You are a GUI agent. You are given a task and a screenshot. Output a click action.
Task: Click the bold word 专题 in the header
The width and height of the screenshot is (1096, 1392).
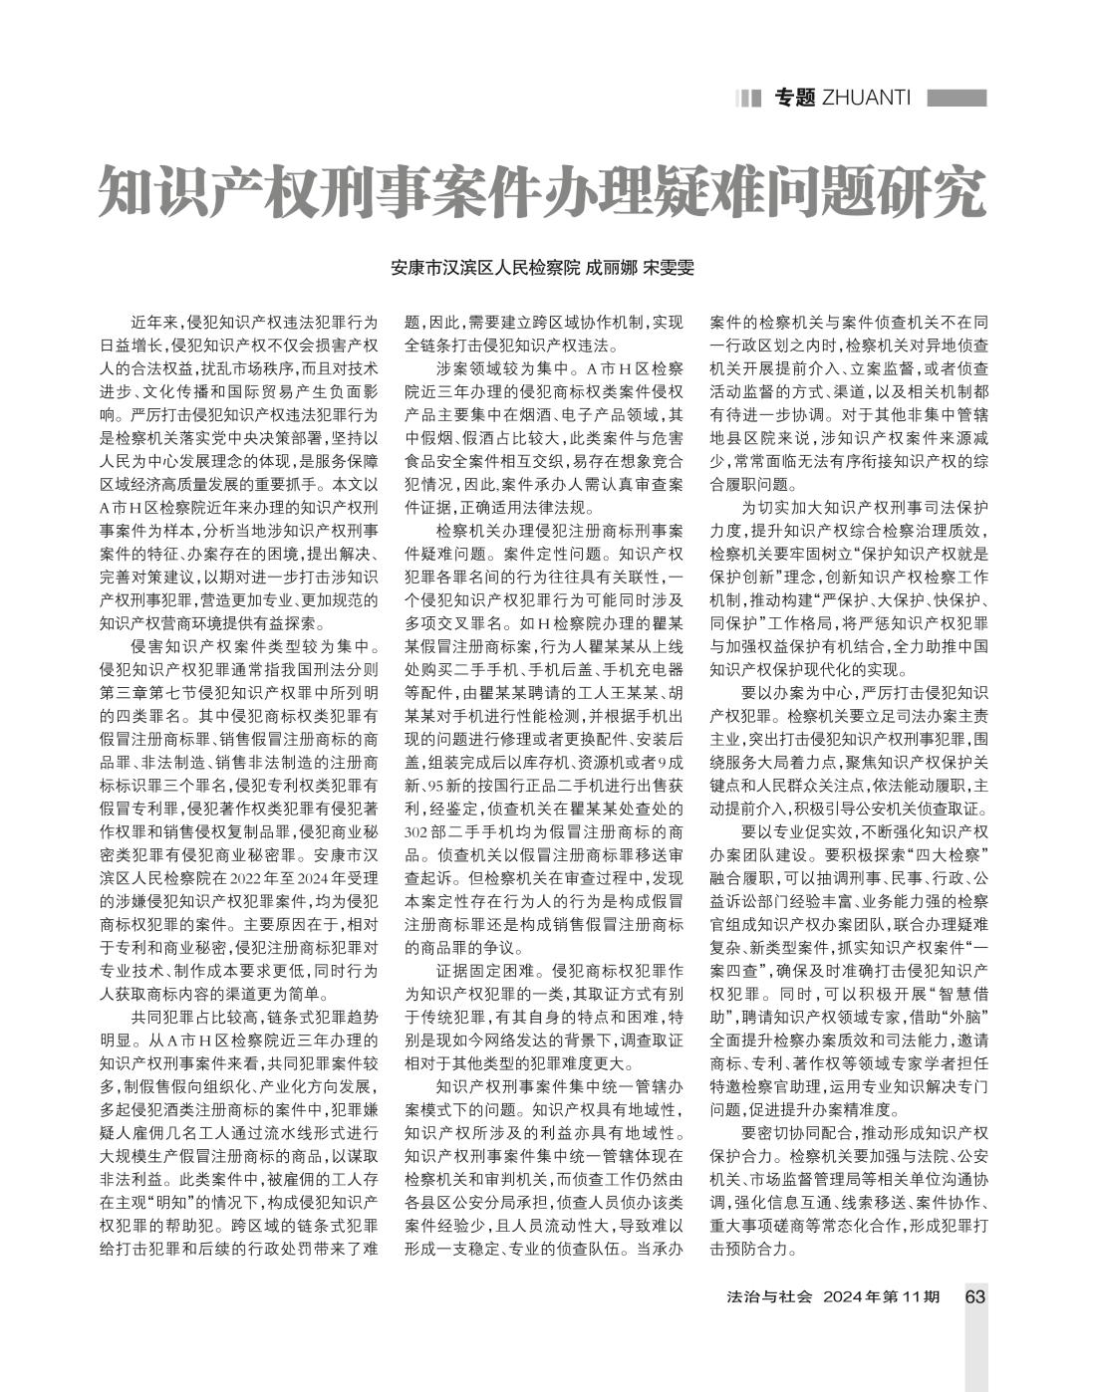(x=795, y=98)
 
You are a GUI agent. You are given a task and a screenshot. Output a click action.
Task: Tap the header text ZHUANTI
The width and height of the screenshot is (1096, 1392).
(x=867, y=98)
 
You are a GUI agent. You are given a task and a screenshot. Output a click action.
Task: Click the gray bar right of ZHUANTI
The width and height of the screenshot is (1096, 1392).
(x=957, y=98)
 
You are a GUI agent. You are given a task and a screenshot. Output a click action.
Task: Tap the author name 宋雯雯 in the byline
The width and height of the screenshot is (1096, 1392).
(x=668, y=269)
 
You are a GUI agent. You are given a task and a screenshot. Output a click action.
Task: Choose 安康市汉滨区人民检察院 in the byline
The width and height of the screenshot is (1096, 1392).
(x=484, y=269)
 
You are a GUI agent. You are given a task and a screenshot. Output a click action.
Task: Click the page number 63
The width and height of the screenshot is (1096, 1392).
(x=975, y=1296)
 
